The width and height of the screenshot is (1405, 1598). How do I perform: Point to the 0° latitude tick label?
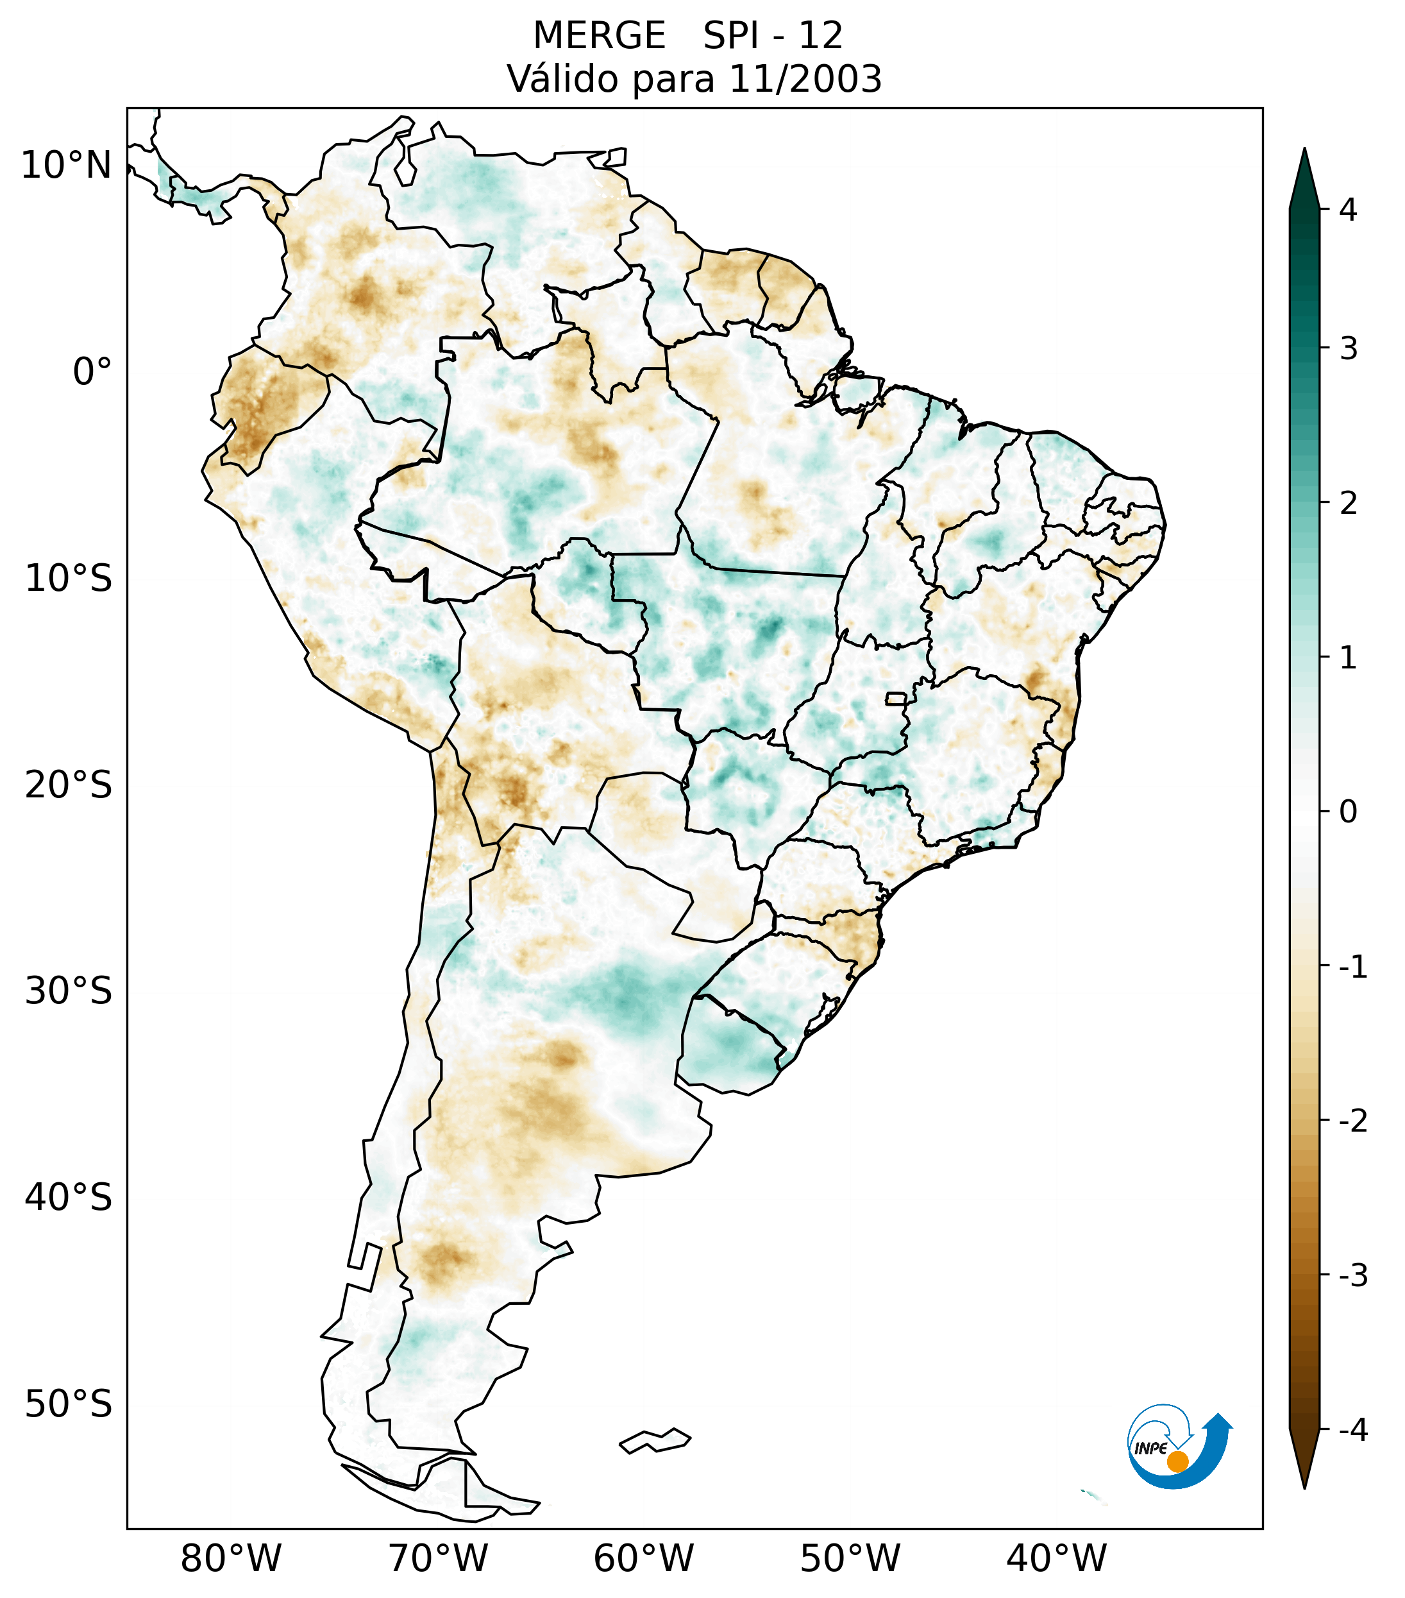(x=92, y=372)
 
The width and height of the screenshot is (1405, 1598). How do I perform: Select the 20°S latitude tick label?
(x=69, y=785)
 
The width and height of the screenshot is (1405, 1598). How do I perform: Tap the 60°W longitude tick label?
(x=643, y=1558)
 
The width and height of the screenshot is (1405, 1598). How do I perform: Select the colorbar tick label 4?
(x=1348, y=210)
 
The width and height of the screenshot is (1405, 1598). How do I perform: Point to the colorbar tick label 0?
(x=1348, y=812)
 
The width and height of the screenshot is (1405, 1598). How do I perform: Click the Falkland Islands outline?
(x=655, y=1440)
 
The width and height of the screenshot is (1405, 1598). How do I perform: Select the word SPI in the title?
(x=732, y=36)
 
